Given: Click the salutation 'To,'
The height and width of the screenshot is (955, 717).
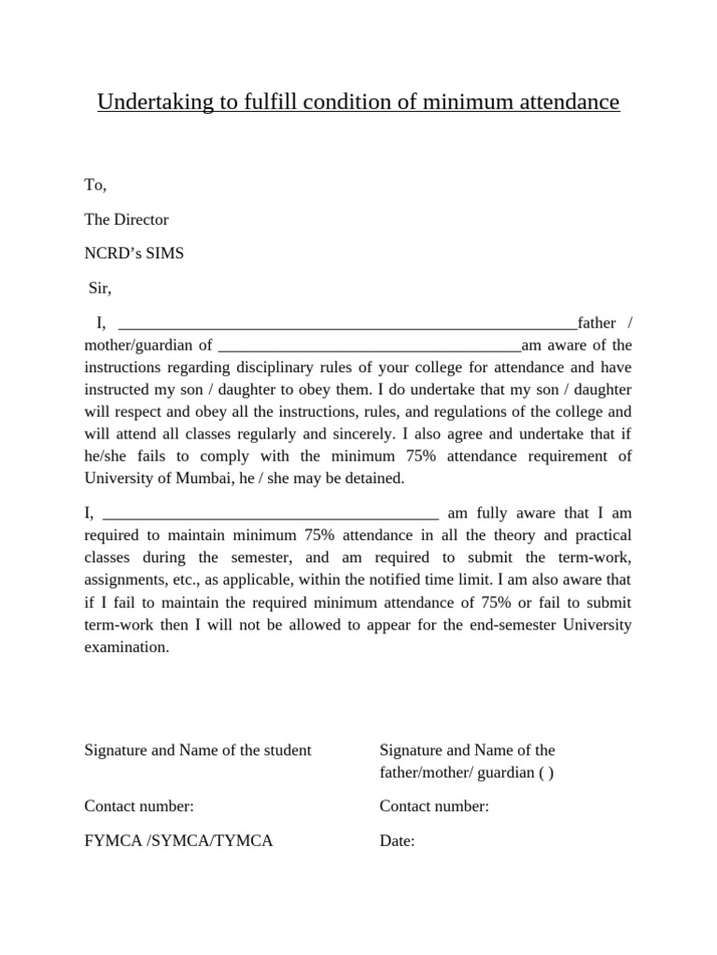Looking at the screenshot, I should pos(95,185).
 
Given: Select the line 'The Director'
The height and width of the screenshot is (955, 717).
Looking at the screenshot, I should pos(126,219).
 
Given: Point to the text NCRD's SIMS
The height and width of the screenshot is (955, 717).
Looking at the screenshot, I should pos(134,254).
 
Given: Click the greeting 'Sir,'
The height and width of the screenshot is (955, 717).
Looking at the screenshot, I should pos(99,288).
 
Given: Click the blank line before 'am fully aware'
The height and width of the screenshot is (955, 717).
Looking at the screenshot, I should pos(271,515).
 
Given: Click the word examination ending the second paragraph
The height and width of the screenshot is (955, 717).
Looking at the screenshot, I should pos(126,646).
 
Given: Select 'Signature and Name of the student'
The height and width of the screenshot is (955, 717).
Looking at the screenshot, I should pos(198,750).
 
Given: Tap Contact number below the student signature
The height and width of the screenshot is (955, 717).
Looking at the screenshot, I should pos(139,807).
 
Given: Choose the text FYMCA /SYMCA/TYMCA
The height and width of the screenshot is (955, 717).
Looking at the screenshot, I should pos(178,840).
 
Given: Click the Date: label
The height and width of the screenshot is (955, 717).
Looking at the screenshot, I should pos(397,840).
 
